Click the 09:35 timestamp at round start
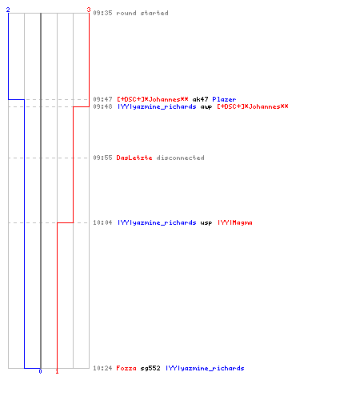point(102,13)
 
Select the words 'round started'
point(142,13)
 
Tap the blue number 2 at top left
point(8,10)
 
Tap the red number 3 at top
point(89,10)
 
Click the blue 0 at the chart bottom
point(40,371)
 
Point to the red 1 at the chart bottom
point(57,371)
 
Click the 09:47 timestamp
point(102,99)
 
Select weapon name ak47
point(200,99)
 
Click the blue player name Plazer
point(224,99)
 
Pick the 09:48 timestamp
point(102,106)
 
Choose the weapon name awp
point(206,107)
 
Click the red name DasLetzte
point(134,158)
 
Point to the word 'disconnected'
point(181,158)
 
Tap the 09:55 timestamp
point(102,158)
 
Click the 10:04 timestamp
point(102,222)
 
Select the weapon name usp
point(206,222)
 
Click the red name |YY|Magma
point(235,222)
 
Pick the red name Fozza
point(126,368)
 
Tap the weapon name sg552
point(150,368)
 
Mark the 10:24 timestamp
point(102,368)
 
